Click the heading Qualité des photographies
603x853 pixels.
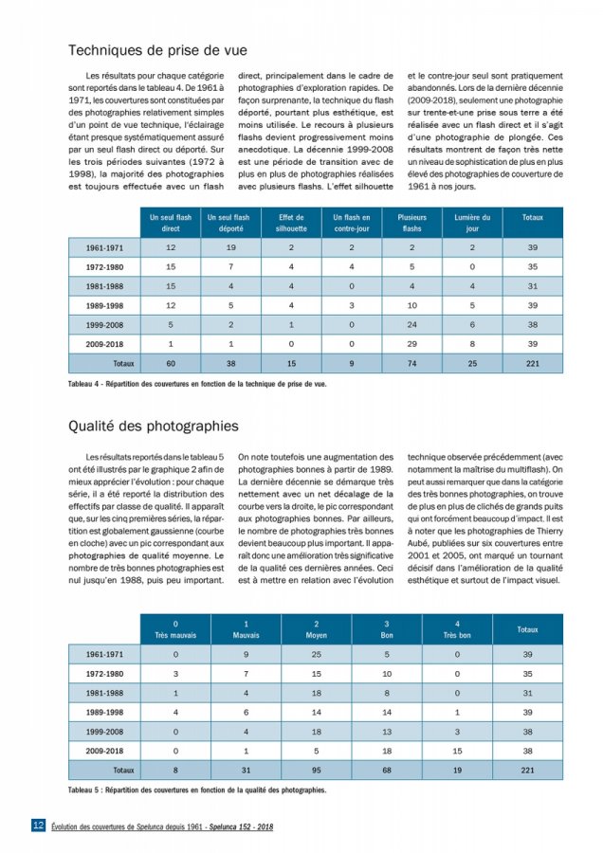click(153, 426)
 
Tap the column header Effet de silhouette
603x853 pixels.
click(291, 223)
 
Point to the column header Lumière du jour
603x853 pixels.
click(473, 223)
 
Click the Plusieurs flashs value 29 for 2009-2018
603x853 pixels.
click(411, 343)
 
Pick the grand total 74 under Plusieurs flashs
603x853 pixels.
click(411, 363)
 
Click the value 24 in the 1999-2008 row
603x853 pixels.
click(411, 323)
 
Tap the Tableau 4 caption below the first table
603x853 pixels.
click(197, 384)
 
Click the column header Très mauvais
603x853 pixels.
click(176, 629)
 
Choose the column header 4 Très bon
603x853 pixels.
click(457, 629)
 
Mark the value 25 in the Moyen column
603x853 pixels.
click(317, 654)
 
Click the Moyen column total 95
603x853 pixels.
click(317, 770)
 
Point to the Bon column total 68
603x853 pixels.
click(387, 770)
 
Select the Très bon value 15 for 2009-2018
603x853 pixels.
click(457, 751)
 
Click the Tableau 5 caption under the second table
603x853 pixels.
click(197, 789)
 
